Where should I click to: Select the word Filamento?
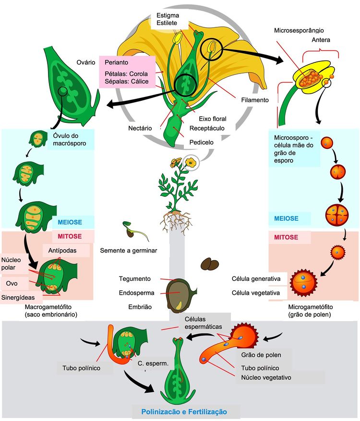[254, 100]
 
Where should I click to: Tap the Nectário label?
[140, 128]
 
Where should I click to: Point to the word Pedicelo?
[202, 142]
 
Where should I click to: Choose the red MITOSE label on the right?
[286, 237]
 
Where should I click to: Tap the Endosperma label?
[136, 292]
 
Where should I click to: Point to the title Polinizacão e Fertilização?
[184, 412]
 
